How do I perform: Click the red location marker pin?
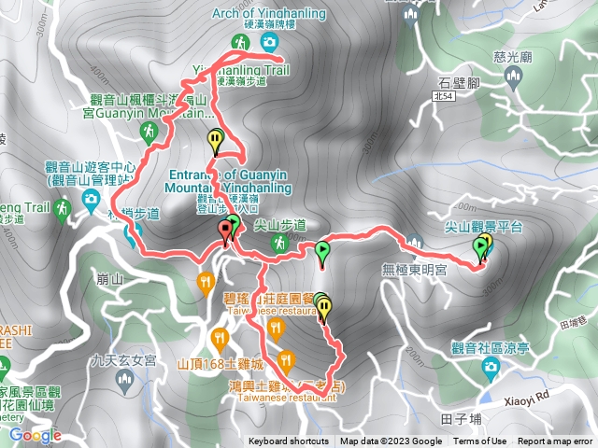pos(225,230)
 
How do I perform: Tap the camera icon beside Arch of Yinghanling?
pos(269,43)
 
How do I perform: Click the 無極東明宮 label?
pos(415,270)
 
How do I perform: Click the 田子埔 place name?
pos(467,417)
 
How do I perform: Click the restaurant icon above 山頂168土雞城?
pos(220,337)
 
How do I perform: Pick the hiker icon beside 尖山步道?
pos(278,243)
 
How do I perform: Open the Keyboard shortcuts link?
pos(288,441)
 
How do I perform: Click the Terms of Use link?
pos(480,441)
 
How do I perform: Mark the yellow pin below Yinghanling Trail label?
pos(216,142)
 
